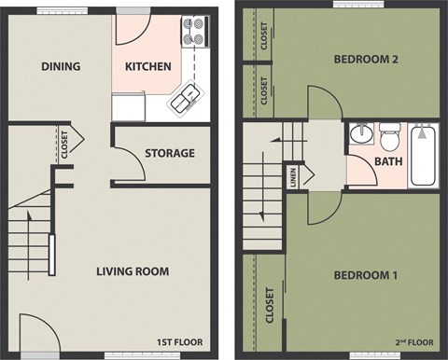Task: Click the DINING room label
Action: (x=61, y=66)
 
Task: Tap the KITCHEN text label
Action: (x=149, y=66)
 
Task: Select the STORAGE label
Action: (x=170, y=153)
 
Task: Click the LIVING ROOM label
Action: (x=133, y=271)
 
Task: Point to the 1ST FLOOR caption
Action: (x=178, y=342)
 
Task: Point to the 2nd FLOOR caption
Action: (x=413, y=342)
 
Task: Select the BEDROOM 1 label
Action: (x=367, y=275)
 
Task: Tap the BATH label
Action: (x=387, y=161)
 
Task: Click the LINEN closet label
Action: (x=293, y=176)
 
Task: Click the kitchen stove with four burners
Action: (x=194, y=30)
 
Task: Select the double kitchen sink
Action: (x=184, y=97)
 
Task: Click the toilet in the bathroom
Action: (x=389, y=132)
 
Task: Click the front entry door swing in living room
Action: (x=37, y=334)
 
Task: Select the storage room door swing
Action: (x=128, y=164)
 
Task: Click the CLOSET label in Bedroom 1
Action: (x=271, y=305)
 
